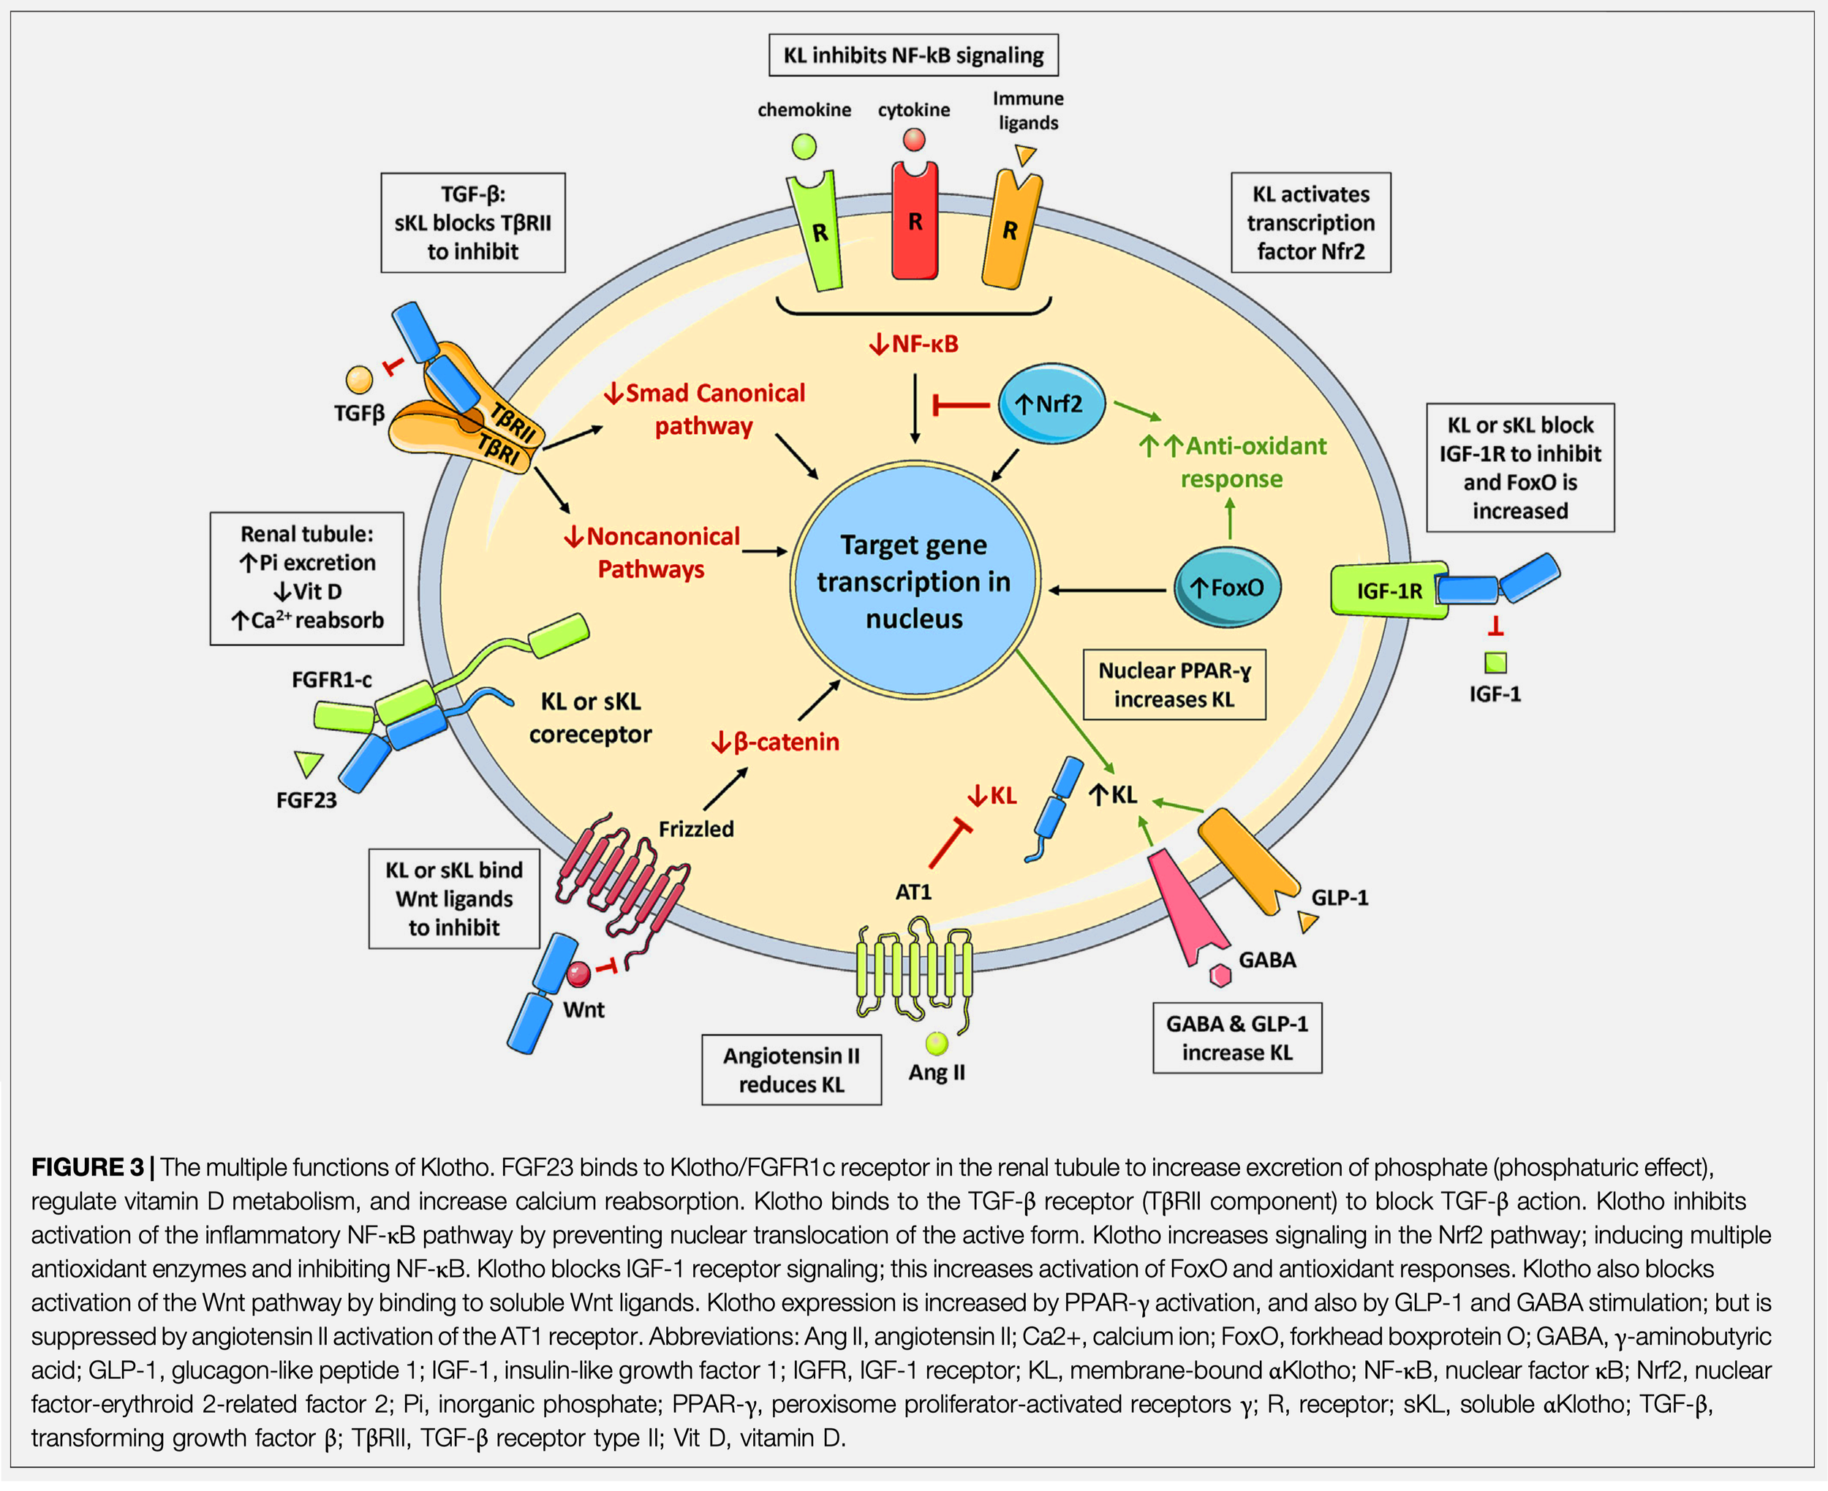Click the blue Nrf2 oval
pos(1051,403)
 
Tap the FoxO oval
pos(1227,588)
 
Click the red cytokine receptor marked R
pos(914,224)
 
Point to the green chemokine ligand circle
pos(804,147)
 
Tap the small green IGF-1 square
pos(1495,663)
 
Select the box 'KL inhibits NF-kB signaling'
pos(913,56)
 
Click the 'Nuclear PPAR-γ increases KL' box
pos(1174,686)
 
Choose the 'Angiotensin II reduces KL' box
pos(791,1070)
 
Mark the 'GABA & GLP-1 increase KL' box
pos(1237,1039)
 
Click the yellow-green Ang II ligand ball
pos(937,1044)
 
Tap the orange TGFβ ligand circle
pos(359,379)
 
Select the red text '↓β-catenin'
pos(775,742)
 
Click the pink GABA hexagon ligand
pos(1220,976)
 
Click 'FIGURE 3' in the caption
pos(87,1168)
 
